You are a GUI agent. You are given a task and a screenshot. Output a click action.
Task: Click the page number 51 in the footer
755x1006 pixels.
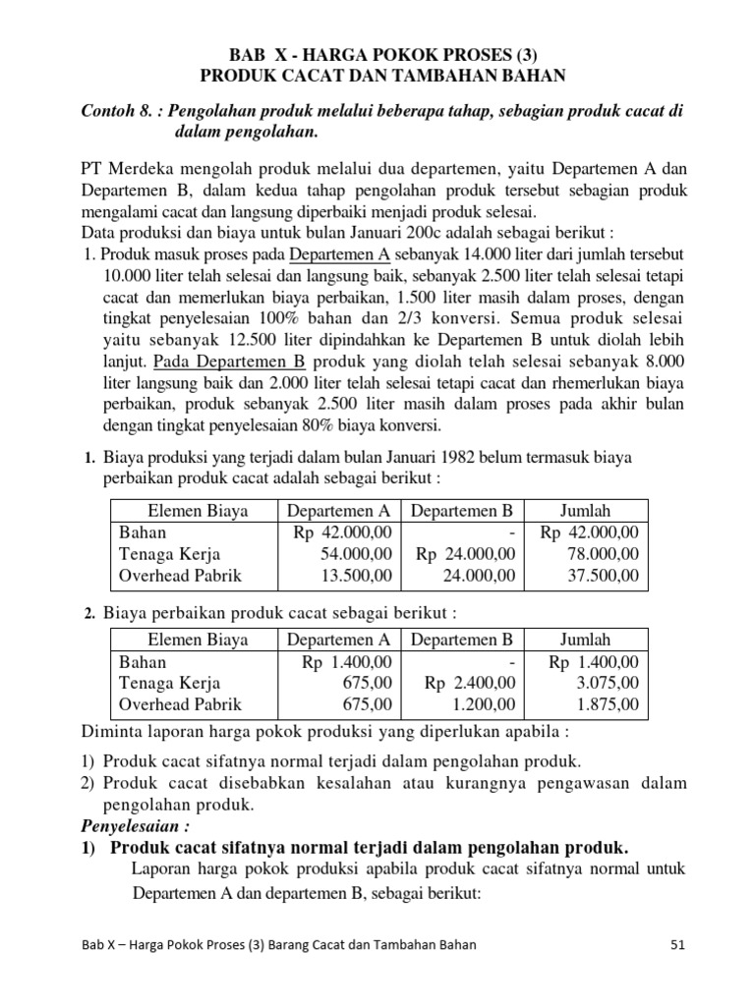click(675, 945)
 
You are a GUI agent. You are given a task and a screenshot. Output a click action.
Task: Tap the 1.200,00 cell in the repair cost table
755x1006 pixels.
click(483, 704)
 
